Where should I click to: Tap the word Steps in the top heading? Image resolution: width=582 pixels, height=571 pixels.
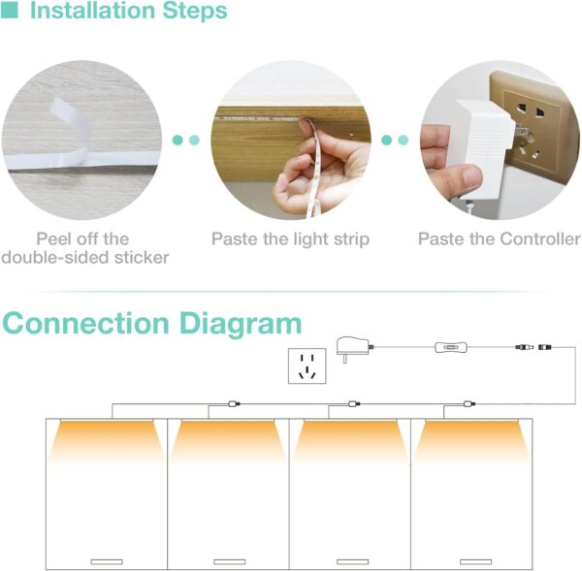click(x=194, y=12)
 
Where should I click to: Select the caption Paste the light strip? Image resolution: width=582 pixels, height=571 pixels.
click(x=290, y=238)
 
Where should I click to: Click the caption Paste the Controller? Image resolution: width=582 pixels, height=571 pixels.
click(x=500, y=238)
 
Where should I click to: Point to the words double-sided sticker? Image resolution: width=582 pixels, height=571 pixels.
click(x=85, y=257)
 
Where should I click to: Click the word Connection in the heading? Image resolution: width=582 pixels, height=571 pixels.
click(x=95, y=323)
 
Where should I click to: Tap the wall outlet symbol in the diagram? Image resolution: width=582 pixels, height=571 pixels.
click(x=307, y=367)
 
